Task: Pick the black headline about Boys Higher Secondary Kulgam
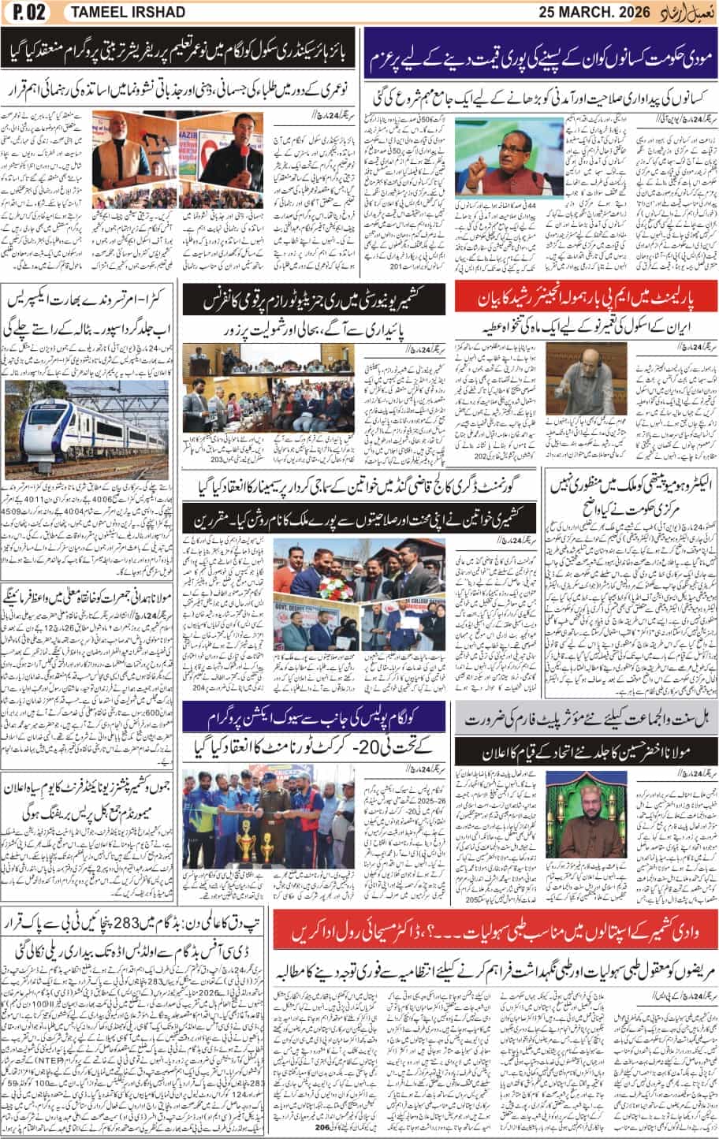pos(181,53)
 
